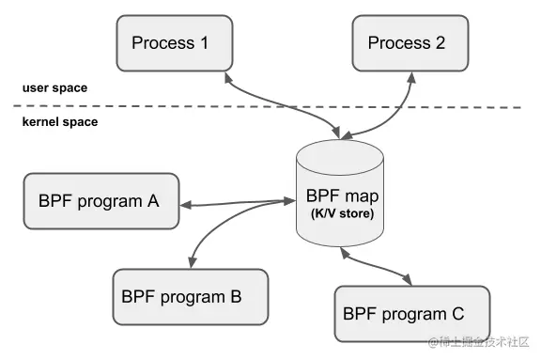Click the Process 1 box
[x=173, y=43]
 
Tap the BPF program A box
[x=100, y=200]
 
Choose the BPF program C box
[x=412, y=314]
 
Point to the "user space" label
[x=54, y=88]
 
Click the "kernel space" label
[x=59, y=122]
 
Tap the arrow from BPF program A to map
[x=235, y=200]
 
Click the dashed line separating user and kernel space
[x=282, y=108]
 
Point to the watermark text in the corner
[x=479, y=344]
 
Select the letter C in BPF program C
[x=456, y=314]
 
